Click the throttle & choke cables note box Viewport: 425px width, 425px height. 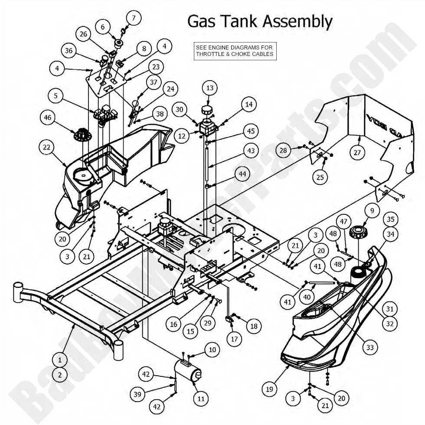coord(235,51)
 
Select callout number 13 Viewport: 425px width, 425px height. coord(210,88)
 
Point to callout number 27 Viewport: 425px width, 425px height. coord(358,152)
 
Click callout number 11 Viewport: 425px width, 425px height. coord(201,398)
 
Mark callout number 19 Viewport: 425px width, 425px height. coord(270,389)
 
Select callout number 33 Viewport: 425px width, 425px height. coord(369,347)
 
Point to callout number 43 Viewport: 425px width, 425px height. coord(251,151)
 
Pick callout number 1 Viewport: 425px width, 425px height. coord(60,359)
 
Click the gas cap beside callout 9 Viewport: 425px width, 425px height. coord(359,232)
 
